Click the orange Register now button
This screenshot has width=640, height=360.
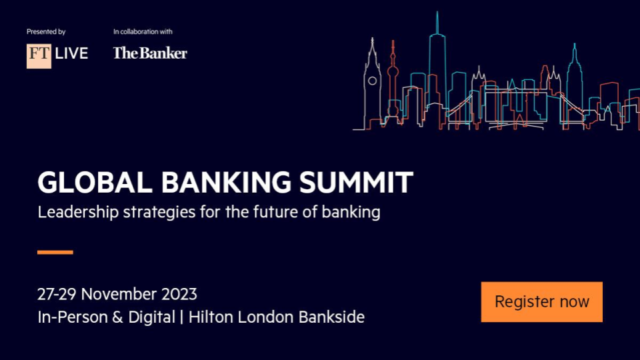tap(541, 301)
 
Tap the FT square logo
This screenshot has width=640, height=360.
tap(39, 56)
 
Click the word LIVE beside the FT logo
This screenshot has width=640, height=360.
tap(71, 53)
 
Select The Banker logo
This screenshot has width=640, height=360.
tap(150, 53)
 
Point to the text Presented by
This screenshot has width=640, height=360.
tap(46, 31)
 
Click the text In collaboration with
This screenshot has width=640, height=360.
tap(143, 31)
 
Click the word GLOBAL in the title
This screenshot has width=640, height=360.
tap(95, 182)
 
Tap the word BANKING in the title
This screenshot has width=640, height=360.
tap(226, 182)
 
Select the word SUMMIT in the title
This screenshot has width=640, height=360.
tap(356, 182)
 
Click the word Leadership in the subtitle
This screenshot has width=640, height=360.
tap(78, 212)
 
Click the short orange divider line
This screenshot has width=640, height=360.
tap(55, 252)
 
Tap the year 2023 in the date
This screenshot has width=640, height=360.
tap(179, 294)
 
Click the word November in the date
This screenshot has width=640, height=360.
tap(119, 294)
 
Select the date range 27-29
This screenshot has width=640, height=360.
tap(57, 294)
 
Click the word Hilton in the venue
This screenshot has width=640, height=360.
tap(211, 317)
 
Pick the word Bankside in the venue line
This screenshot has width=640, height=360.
tap(331, 317)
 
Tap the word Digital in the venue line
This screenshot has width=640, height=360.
tap(151, 317)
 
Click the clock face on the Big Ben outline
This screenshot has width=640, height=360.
tap(372, 81)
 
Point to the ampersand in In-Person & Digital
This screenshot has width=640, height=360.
tap(117, 317)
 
